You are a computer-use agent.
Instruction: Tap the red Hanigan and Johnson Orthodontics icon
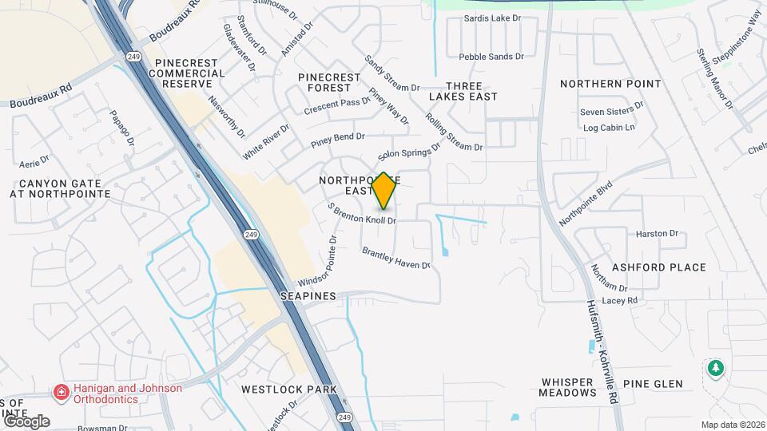(61, 393)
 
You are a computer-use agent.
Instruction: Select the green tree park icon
(715, 369)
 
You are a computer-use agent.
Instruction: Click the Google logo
(26, 421)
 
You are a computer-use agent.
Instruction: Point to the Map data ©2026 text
(733, 425)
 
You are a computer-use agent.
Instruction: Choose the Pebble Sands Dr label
(491, 57)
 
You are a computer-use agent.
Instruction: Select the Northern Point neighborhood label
(610, 84)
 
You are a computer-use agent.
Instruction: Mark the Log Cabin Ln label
(609, 128)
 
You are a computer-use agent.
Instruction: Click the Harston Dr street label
(657, 234)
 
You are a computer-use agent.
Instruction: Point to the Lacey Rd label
(621, 300)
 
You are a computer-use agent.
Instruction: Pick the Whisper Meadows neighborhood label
(567, 388)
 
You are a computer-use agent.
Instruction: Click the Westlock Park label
(289, 389)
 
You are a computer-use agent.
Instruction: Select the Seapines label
(308, 295)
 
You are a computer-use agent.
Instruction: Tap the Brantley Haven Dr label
(396, 258)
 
